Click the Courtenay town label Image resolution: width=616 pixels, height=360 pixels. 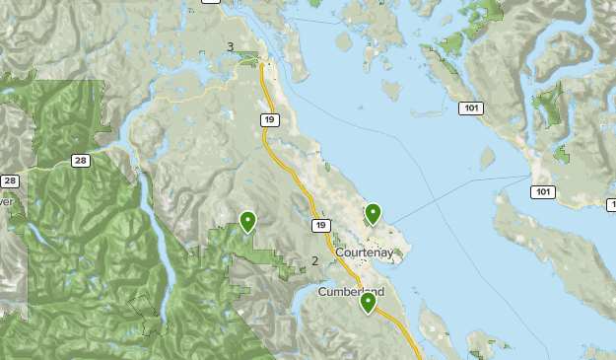[364, 253]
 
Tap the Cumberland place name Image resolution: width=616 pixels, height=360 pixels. [351, 292]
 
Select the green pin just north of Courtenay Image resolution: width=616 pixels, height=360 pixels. [373, 213]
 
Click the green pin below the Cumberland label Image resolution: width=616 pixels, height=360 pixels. [368, 302]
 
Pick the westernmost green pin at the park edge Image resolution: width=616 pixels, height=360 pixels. [247, 221]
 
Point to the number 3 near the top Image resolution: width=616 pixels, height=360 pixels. [231, 46]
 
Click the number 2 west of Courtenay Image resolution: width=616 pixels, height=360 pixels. [314, 261]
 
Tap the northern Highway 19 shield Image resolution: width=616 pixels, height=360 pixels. [271, 120]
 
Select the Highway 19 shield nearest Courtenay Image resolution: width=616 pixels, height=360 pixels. [321, 226]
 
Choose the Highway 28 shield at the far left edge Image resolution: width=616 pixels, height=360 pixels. [9, 180]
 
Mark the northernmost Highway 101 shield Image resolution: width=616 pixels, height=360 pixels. [473, 108]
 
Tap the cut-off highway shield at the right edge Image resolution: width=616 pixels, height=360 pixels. [611, 203]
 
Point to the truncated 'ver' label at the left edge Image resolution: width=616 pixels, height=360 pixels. [6, 201]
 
